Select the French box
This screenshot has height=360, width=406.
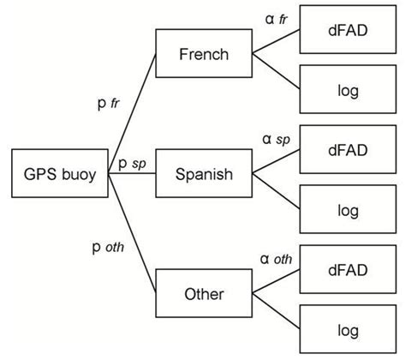click(x=204, y=55)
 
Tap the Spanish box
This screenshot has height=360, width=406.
click(x=204, y=175)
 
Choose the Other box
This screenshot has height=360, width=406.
click(x=204, y=294)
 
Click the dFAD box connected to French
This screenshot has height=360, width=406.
click(x=347, y=30)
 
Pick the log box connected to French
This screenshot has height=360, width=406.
click(x=347, y=89)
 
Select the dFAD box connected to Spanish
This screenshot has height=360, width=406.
click(x=347, y=150)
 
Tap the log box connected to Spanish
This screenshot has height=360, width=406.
click(x=347, y=209)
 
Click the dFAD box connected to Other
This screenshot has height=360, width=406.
click(x=347, y=269)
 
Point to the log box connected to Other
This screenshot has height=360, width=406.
click(x=347, y=328)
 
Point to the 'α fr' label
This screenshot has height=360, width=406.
click(x=276, y=18)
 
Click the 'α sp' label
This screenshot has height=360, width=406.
click(x=276, y=137)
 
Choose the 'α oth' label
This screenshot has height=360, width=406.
click(x=276, y=256)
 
